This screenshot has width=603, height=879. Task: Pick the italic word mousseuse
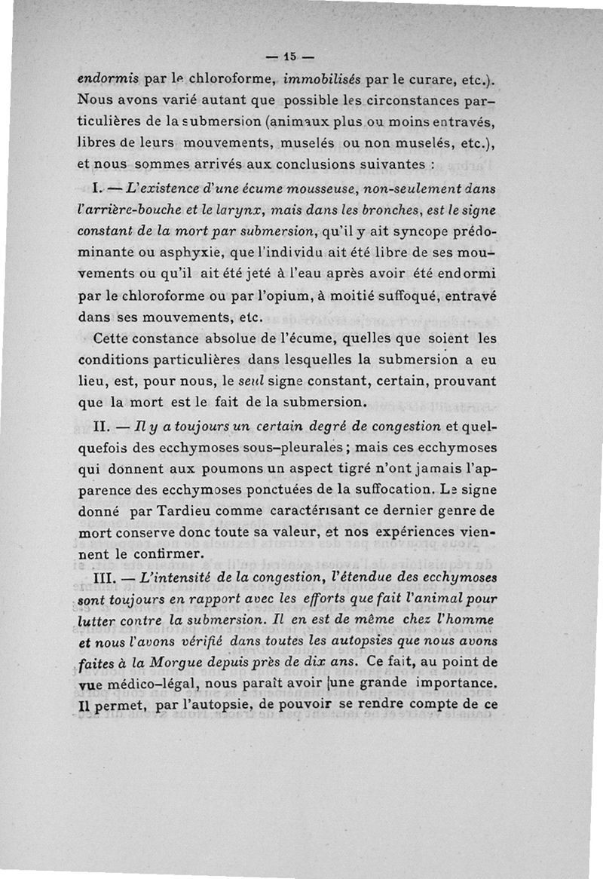pyautogui.click(x=301, y=188)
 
